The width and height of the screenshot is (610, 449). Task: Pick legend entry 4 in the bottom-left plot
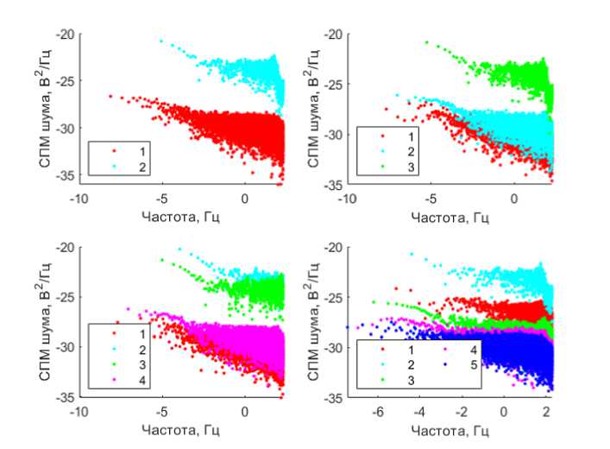point(129,379)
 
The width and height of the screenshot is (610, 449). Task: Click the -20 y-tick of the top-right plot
point(330,35)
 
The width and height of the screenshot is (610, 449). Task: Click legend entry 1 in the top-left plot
point(129,150)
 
